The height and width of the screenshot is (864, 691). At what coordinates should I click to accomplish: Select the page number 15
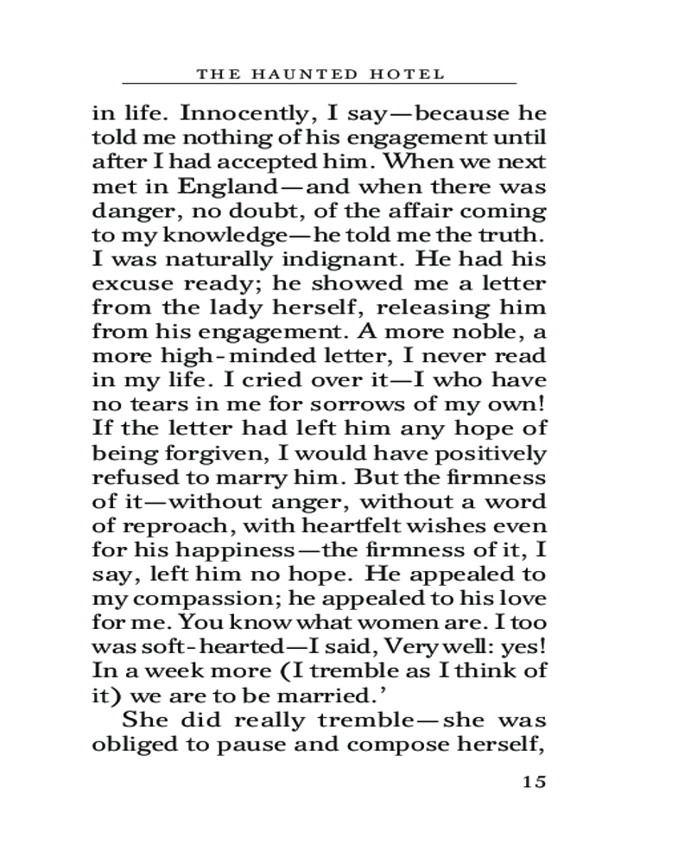point(534,783)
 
